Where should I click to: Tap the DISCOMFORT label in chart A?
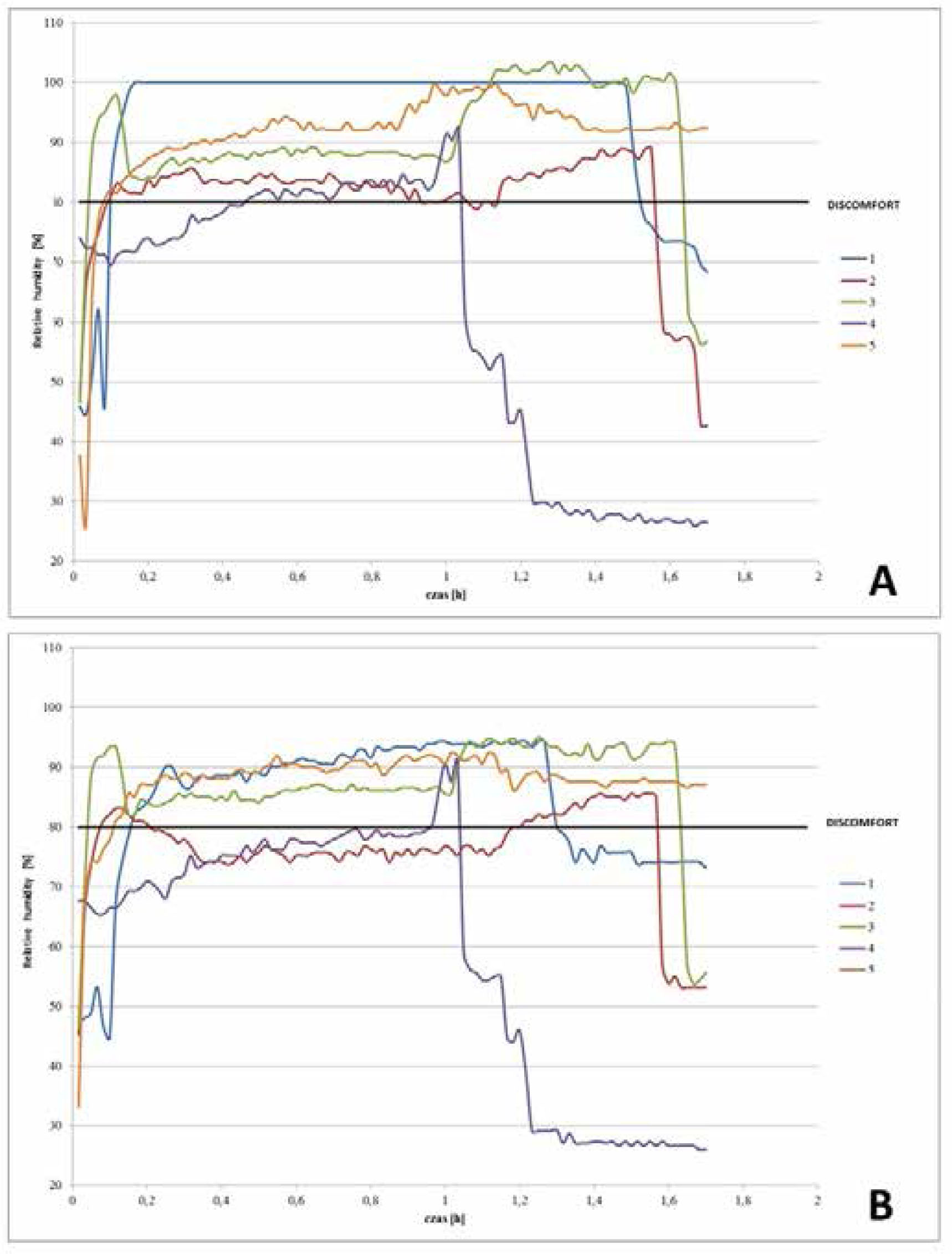point(862,206)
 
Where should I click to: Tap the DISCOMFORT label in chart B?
point(862,822)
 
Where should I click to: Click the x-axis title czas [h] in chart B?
point(446,1217)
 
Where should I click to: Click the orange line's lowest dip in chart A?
point(85,528)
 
